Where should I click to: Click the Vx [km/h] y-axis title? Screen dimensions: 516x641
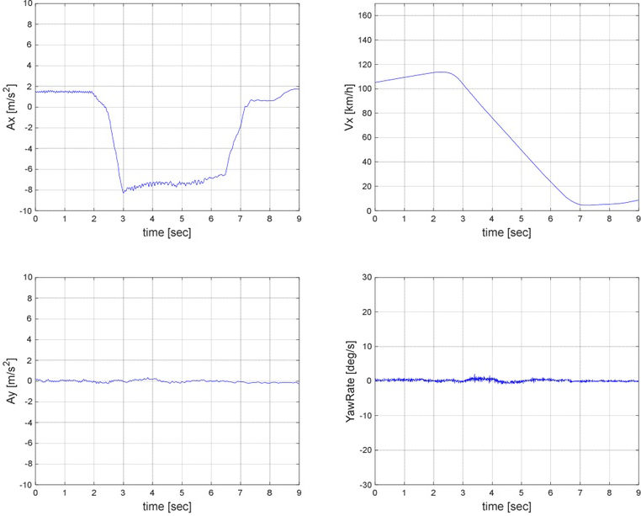click(x=347, y=107)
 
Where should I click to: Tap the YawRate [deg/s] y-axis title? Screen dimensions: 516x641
click(x=347, y=380)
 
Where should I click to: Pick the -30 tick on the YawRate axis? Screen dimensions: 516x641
click(x=363, y=485)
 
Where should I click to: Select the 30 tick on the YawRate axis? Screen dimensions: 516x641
click(x=364, y=277)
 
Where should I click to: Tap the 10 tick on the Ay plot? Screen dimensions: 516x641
click(x=27, y=277)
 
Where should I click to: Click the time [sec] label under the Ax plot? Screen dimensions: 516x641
click(x=167, y=231)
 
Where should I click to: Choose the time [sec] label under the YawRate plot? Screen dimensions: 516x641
click(x=506, y=506)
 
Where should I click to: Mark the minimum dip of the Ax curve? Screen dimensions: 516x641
click(x=124, y=192)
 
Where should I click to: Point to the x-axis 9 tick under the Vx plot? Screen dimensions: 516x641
click(x=638, y=219)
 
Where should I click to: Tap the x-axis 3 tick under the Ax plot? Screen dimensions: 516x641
click(x=123, y=219)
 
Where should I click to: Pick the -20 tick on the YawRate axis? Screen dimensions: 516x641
click(x=363, y=450)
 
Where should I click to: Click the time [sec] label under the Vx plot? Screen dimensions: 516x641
click(x=506, y=231)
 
